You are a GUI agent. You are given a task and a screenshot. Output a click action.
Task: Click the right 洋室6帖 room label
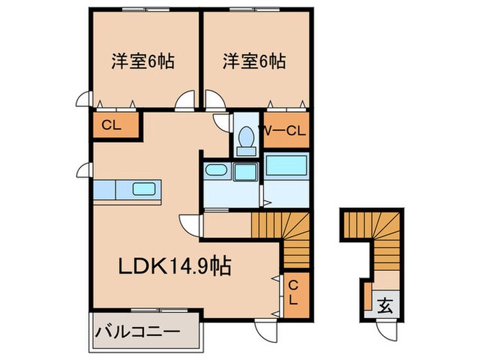(254, 62)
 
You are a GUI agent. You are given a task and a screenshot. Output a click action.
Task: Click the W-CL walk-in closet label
(282, 130)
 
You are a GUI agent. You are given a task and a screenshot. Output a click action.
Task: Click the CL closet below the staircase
(292, 292)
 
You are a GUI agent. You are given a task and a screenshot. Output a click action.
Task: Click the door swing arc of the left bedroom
(184, 104)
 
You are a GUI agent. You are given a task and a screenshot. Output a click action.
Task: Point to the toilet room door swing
(222, 123)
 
